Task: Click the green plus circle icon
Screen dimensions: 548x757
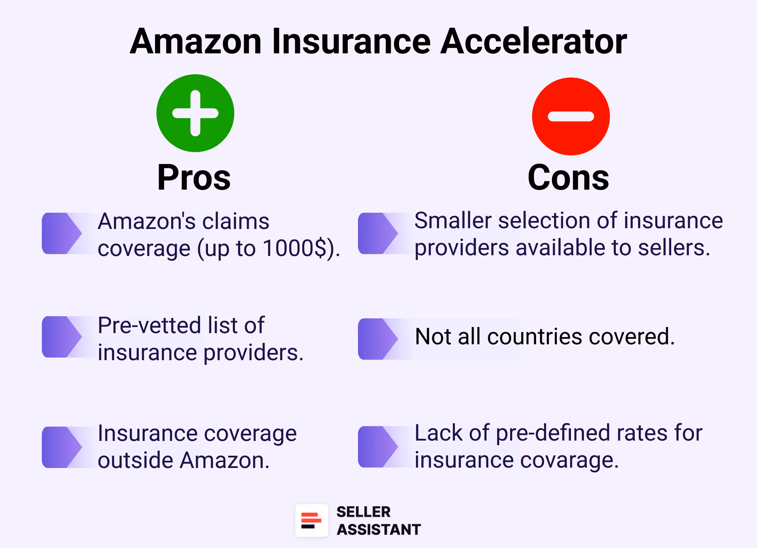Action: [x=195, y=113]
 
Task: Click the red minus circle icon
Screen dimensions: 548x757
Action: [x=571, y=116]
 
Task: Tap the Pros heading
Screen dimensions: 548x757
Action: [x=194, y=177]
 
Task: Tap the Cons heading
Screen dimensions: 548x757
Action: [x=568, y=177]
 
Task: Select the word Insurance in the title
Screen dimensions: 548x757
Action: [x=351, y=41]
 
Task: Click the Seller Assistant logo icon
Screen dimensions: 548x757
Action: [x=311, y=520]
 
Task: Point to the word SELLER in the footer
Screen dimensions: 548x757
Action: [x=363, y=512]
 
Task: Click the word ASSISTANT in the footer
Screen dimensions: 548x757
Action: [x=378, y=530]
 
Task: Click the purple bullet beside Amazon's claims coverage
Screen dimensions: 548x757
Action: [x=61, y=233]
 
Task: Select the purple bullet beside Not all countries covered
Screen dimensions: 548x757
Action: [x=377, y=339]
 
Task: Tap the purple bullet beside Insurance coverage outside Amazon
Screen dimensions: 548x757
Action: [x=61, y=447]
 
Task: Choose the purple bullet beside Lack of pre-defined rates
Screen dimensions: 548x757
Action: [x=377, y=447]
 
